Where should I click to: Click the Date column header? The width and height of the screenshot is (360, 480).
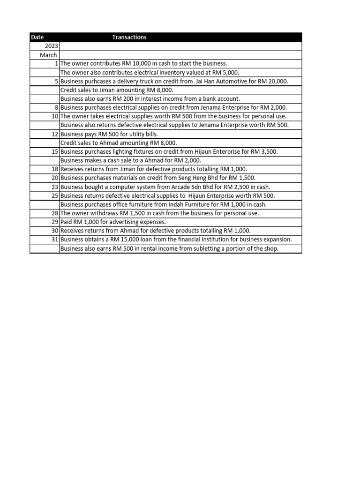pos(37,37)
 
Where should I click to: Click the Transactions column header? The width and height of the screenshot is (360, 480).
pos(129,37)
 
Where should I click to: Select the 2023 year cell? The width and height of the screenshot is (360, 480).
pos(52,46)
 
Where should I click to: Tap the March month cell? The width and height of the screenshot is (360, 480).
pos(48,55)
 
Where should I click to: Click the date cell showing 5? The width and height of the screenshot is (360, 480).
pos(56,81)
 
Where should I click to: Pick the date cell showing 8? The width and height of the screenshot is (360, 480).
pos(56,107)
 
